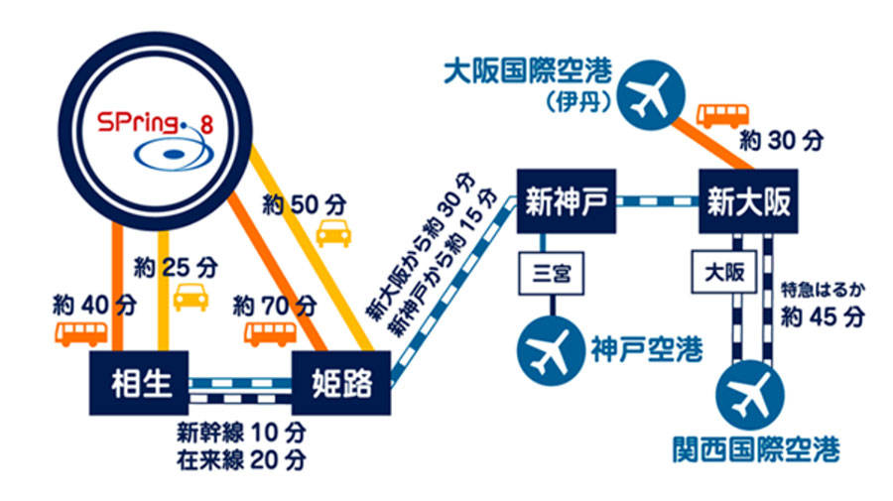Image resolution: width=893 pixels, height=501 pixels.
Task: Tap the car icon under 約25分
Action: point(190,297)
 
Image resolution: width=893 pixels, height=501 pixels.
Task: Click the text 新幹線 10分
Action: point(240,433)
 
